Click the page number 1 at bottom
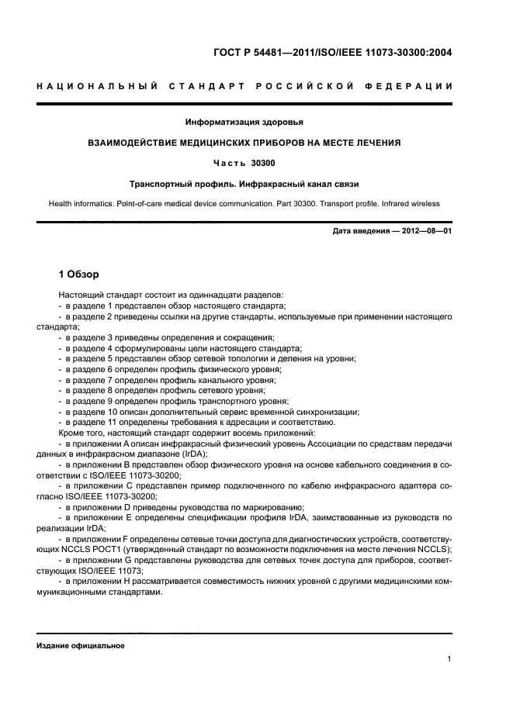449,659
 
